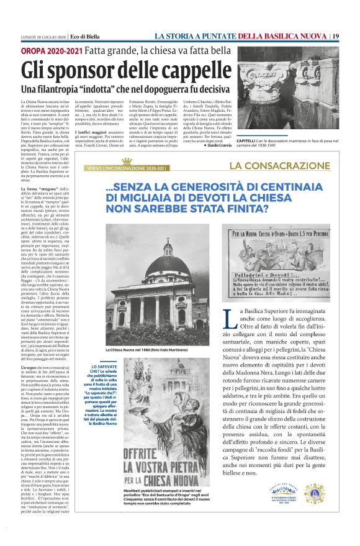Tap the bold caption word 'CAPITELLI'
coord(248,142)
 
